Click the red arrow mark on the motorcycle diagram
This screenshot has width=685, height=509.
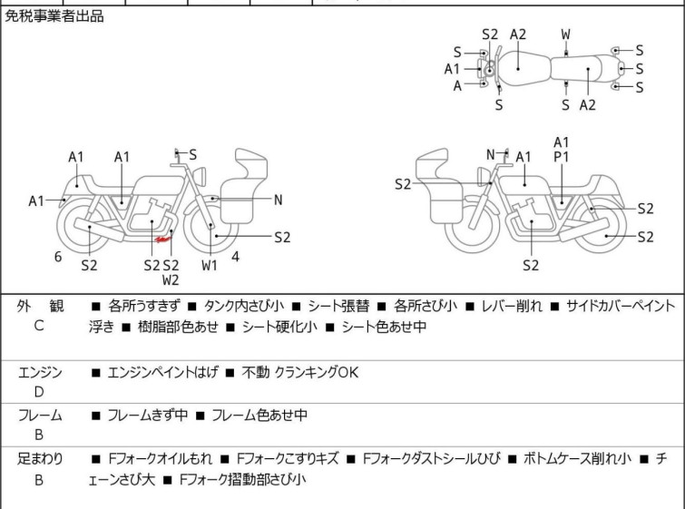[x=164, y=240]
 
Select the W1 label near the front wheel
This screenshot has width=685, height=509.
[x=210, y=266]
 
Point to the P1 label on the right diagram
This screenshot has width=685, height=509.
[x=561, y=157]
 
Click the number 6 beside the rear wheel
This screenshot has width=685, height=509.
[x=57, y=257]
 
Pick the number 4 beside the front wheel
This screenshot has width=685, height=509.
[x=235, y=257]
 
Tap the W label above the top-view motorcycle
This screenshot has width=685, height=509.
[x=565, y=34]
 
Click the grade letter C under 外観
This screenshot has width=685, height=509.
[x=39, y=326]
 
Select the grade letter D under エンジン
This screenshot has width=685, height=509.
[x=39, y=392]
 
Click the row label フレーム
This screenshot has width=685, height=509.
[x=40, y=416]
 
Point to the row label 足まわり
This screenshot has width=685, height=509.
[x=40, y=459]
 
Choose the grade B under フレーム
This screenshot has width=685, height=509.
[x=39, y=436]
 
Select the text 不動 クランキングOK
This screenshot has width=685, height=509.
[x=302, y=372]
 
